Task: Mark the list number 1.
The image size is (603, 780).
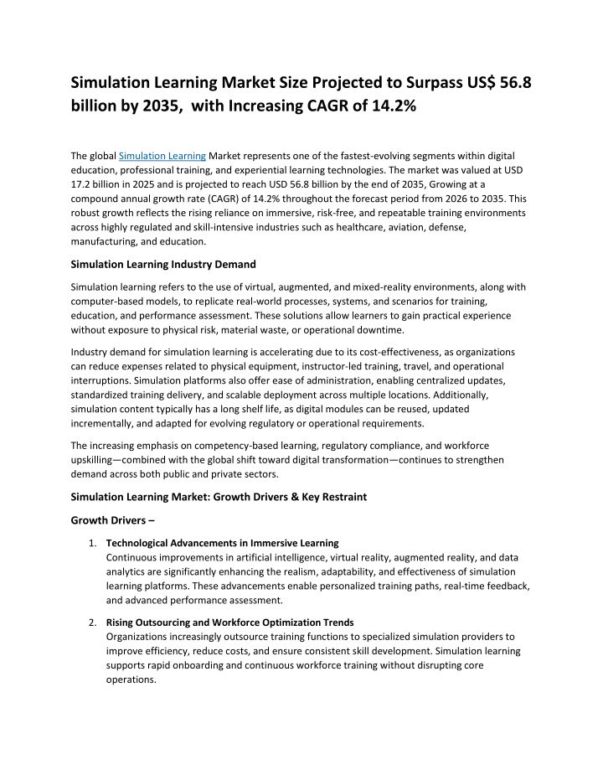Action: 92,542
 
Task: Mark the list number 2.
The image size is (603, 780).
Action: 92,622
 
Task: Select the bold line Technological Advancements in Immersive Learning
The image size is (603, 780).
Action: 222,542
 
